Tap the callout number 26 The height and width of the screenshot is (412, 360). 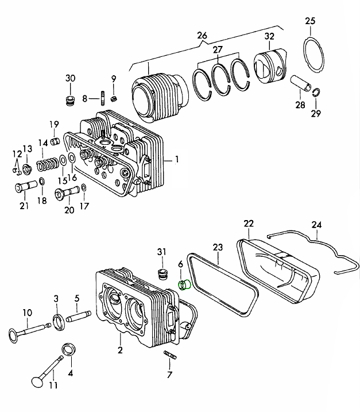[x=202, y=35]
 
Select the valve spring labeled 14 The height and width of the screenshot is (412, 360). [x=48, y=164]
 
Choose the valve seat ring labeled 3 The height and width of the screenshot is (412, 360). [x=58, y=322]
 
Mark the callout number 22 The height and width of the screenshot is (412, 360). [x=248, y=223]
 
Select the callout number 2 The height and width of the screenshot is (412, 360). [x=120, y=350]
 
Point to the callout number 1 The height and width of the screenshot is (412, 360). [x=177, y=159]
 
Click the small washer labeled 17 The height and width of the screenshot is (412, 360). [x=84, y=188]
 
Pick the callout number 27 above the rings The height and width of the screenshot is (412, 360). [x=217, y=49]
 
